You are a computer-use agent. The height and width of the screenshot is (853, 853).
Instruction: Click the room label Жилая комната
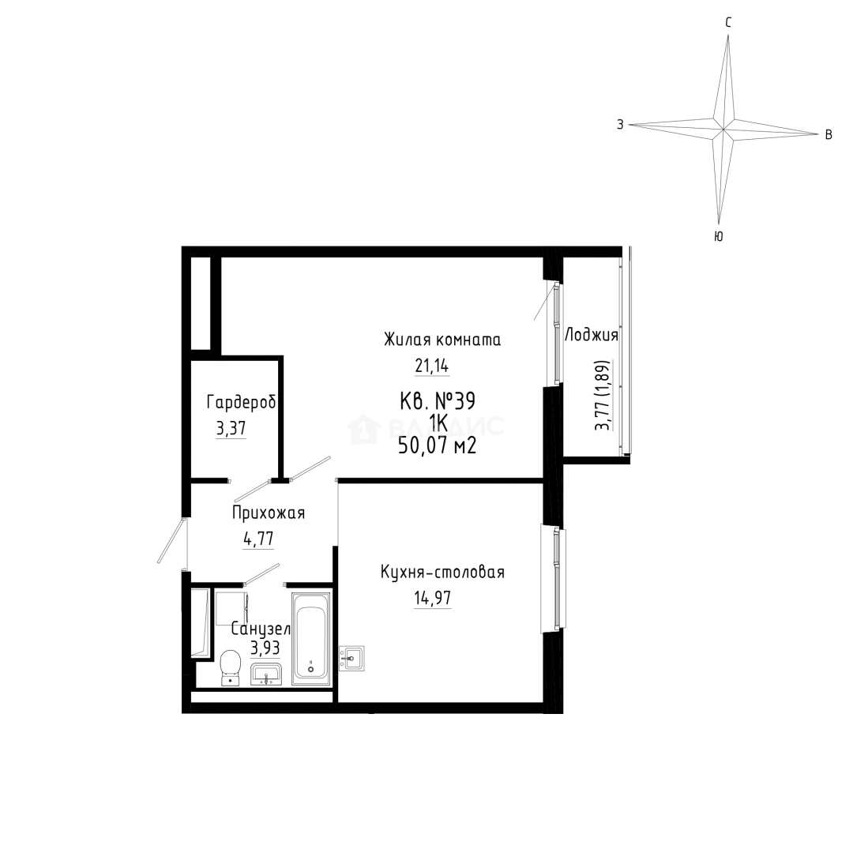coord(442,340)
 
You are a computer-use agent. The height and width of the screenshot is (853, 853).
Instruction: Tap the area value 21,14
coord(432,366)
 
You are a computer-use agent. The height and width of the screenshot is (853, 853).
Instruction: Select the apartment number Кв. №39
coord(438,401)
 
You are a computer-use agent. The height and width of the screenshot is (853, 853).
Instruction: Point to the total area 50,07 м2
coord(438,446)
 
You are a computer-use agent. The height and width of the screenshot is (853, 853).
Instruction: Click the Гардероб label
coord(241,403)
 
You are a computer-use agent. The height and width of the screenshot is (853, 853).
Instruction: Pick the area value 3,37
coord(231,429)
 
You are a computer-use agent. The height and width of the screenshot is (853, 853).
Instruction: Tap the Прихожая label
coord(269,513)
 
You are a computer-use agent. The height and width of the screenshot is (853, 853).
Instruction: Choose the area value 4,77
coord(258,539)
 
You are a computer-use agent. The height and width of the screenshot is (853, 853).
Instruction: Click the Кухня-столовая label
coord(442,573)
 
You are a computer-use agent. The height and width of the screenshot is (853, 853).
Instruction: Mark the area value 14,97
coord(433,599)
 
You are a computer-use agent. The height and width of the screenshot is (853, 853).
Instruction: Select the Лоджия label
coord(592,335)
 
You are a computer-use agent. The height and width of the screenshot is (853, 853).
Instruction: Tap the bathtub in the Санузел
coord(311,639)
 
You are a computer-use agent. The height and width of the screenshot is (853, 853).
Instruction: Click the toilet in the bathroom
coord(231,667)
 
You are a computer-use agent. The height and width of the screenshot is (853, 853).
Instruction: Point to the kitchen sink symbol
coord(351,658)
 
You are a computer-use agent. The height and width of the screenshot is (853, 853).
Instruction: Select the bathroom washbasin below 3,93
coord(265,674)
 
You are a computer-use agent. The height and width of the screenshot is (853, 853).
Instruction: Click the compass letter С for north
coord(728,22)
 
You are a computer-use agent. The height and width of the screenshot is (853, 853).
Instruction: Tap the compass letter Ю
coord(718,237)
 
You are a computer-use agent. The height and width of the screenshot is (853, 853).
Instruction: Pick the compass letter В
coord(829,134)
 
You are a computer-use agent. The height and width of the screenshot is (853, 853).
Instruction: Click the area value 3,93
coord(265,648)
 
